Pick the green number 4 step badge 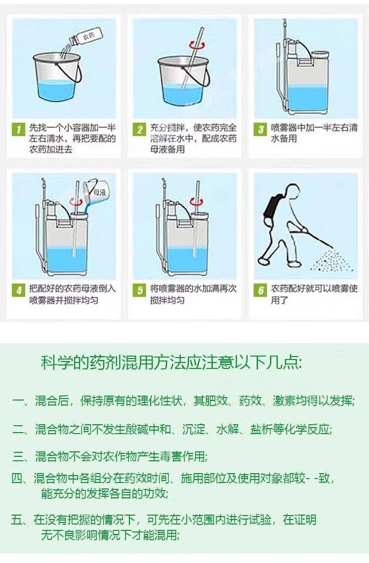pos(19,290)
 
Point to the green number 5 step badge pos(139,290)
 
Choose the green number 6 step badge pos(260,290)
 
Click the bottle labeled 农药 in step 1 pos(85,38)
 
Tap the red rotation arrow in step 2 pos(198,45)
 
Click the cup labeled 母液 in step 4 pos(95,194)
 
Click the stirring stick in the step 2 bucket pos(192,57)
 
